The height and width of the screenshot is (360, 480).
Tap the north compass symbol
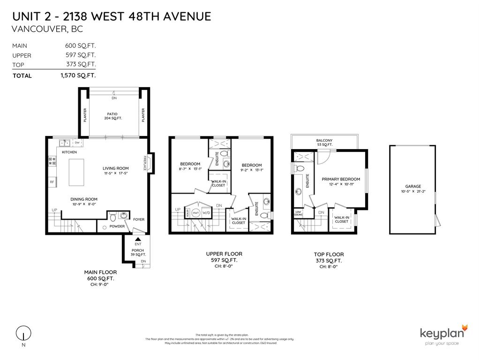pos(22,333)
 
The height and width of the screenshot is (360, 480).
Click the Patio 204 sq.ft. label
pos(113,116)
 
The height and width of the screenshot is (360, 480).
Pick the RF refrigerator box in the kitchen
pos(52,182)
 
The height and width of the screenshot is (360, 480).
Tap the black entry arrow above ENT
pos(138,239)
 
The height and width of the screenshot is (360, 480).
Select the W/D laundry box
pos(207,212)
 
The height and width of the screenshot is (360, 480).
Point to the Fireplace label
pos(146,164)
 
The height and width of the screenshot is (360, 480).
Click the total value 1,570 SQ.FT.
pos(78,75)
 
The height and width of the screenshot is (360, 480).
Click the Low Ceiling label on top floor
pos(299,213)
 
